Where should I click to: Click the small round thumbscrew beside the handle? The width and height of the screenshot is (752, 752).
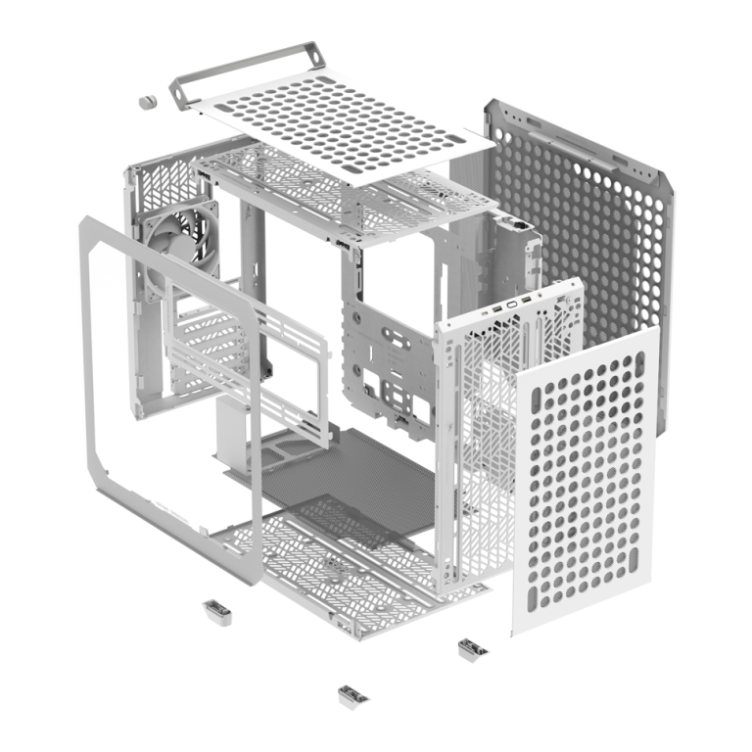tap(149, 102)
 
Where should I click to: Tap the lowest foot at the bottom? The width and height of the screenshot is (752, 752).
tap(352, 695)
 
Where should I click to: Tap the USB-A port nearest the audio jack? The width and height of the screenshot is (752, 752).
tap(529, 299)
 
